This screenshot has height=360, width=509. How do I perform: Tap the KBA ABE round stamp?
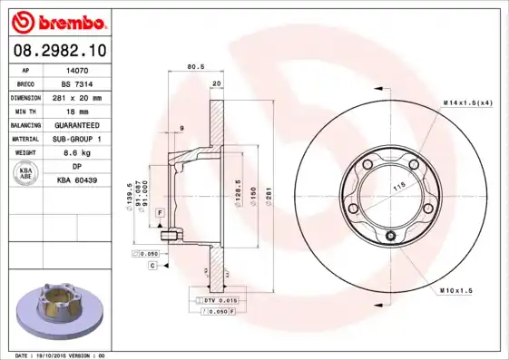[x=26, y=175]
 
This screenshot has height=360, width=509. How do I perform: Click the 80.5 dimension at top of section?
[x=194, y=66]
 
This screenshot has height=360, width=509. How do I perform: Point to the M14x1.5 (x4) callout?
[x=467, y=102]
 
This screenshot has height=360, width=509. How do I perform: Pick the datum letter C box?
[x=152, y=265]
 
